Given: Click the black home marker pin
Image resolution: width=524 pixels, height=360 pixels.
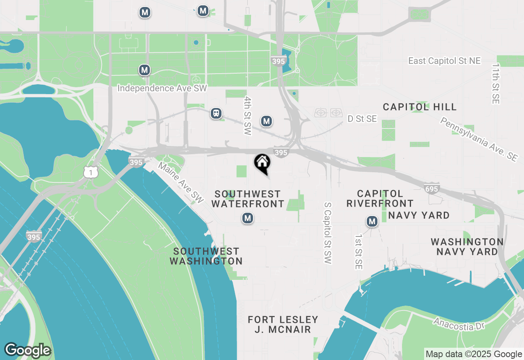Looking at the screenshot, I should point(262,163).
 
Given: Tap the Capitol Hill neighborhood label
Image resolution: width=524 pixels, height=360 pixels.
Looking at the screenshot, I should point(420,107).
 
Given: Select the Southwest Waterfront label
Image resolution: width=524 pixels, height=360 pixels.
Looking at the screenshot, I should point(248,198).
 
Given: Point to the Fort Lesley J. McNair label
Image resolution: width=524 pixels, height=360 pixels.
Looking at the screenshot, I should point(283,324).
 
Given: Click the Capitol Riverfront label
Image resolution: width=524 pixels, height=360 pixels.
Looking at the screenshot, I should point(380,198).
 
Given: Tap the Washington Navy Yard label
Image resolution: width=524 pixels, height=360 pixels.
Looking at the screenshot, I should point(467,247).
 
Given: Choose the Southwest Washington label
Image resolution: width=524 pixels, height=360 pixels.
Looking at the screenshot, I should point(206,256).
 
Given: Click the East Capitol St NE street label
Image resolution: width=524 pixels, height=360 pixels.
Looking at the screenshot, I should point(444,61).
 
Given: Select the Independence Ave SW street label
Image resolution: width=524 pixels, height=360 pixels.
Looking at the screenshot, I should point(162,88).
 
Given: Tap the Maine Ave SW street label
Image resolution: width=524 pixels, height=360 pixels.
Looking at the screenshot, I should point(181,183).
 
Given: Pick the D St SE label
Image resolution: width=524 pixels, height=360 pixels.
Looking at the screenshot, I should point(362,119).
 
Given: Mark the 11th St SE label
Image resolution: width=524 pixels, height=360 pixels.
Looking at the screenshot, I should point(496,83).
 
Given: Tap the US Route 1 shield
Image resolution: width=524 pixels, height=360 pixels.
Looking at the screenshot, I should point(90,172).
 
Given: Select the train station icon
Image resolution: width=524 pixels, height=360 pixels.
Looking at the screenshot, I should point(216,113).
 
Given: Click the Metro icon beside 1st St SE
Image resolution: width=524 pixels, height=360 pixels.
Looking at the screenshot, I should point(372,222).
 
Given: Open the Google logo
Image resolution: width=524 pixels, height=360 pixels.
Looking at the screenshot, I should point(27,351).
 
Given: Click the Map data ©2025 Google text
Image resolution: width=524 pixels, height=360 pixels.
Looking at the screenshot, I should point(474,354).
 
